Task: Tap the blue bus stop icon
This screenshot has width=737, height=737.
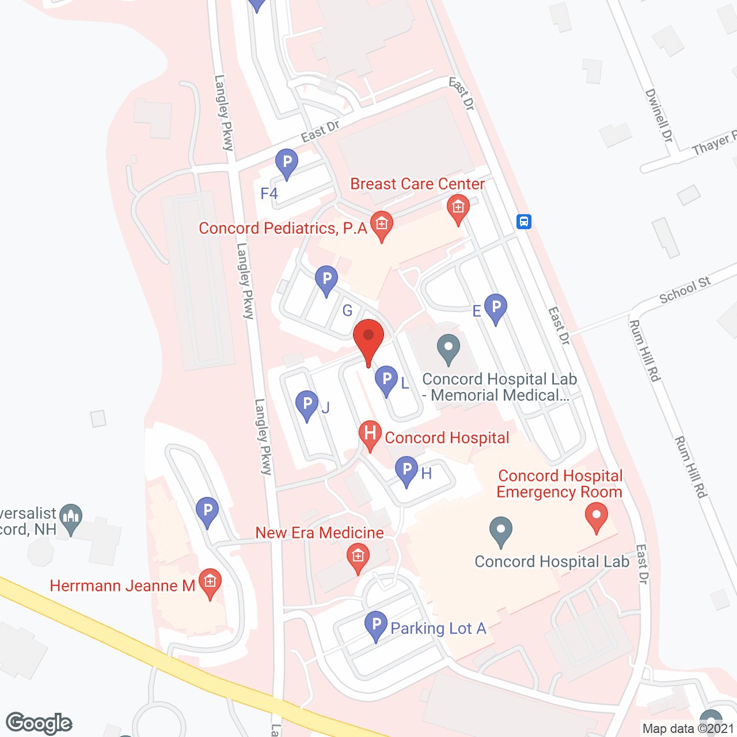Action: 523,222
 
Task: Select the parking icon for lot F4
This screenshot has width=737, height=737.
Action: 286,163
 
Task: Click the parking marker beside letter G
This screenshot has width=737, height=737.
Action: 326,279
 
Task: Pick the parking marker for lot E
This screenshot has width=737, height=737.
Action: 496,307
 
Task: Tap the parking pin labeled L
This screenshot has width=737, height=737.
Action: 386,380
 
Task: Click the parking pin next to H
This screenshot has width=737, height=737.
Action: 407,470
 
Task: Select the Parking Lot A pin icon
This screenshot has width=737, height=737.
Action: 376,625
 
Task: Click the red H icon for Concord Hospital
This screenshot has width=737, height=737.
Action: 370,434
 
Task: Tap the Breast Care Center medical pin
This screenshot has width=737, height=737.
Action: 458,207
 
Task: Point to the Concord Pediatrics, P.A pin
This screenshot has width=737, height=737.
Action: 381,225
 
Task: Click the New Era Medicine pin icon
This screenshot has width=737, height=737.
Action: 358,557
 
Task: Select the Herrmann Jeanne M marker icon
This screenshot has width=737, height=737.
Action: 210,582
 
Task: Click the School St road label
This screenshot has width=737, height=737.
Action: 685,290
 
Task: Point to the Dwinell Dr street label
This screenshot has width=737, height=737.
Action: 659,115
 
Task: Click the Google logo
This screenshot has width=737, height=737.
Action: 39,723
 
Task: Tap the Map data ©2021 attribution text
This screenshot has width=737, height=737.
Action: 688,729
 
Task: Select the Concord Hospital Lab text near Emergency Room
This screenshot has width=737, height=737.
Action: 552,562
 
